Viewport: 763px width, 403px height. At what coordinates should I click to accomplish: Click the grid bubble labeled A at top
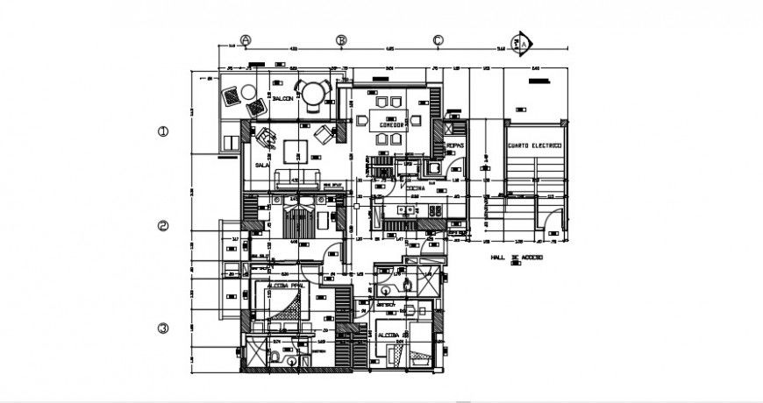pos(246,40)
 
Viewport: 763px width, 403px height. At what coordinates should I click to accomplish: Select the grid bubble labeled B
pos(343,40)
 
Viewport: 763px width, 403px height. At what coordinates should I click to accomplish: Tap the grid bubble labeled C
pos(438,40)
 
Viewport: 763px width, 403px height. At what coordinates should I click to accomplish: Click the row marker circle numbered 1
pos(162,132)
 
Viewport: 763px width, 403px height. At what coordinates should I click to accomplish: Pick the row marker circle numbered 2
pos(162,226)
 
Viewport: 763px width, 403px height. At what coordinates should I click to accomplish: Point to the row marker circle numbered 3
pos(162,329)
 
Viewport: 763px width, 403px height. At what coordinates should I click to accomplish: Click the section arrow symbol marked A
pos(524,41)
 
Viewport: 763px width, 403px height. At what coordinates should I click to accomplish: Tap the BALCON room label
pos(282,99)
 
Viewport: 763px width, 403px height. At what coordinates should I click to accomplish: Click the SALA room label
pos(261,164)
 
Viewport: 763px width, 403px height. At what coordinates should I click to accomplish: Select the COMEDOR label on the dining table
pos(390,125)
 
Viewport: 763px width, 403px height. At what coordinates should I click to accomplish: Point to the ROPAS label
pos(454,145)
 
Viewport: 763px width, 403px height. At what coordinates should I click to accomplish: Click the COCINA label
pos(415,187)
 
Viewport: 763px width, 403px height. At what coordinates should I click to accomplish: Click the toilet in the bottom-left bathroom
pos(275,357)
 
